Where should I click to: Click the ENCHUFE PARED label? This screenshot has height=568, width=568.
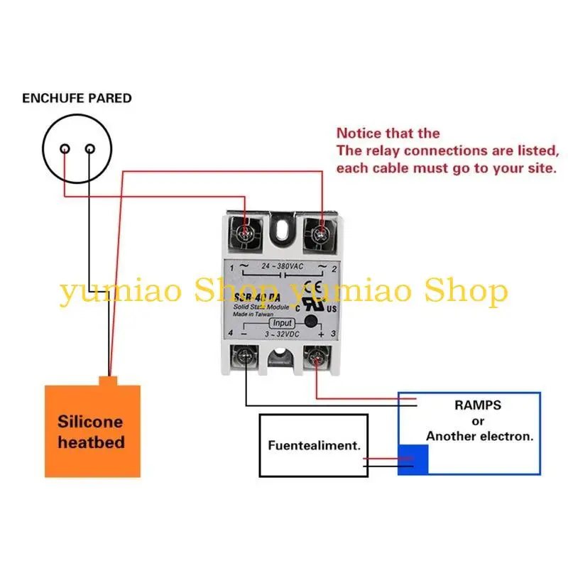77,98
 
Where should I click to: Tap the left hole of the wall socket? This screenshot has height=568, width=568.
65,149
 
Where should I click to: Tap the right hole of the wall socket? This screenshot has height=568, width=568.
90,149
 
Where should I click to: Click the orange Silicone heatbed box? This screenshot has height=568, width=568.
92,431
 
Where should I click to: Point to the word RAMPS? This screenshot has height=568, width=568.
477,405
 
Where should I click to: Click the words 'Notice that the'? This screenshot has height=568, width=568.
388,133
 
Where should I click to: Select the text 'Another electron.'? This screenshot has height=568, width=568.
479,436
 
